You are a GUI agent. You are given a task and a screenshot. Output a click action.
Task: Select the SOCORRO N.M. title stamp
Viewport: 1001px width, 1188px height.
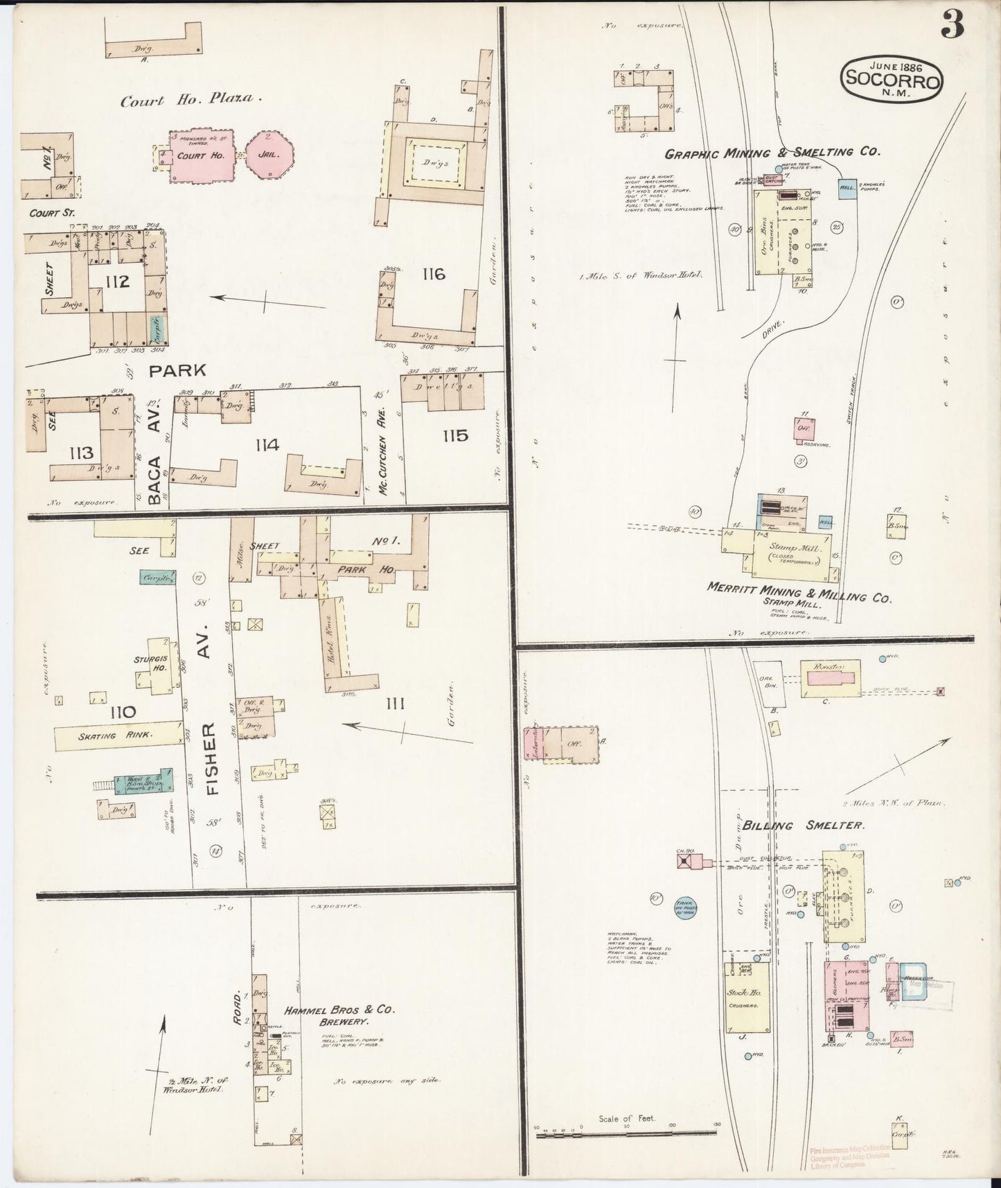click(x=892, y=80)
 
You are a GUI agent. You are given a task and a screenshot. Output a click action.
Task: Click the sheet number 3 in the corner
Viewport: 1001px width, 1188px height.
click(x=952, y=26)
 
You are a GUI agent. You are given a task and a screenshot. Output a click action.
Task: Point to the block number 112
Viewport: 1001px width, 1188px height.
click(x=118, y=281)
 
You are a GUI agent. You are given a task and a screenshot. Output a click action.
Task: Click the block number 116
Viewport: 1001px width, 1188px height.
click(x=433, y=274)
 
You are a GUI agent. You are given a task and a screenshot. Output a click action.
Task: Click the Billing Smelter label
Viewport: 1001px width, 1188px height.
click(x=803, y=826)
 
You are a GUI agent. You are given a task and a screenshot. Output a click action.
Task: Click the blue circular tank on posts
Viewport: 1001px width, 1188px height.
click(x=686, y=906)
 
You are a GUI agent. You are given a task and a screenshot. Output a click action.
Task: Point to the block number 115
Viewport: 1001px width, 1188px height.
click(x=455, y=436)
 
